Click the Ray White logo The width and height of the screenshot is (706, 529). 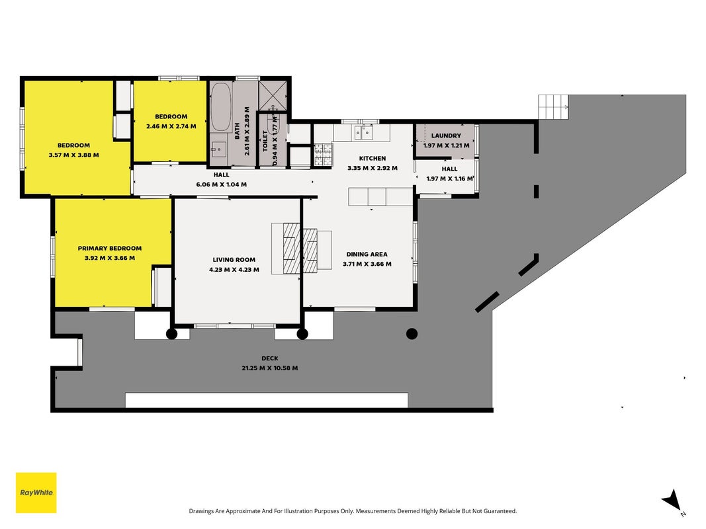36,493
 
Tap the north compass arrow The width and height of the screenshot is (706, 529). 672,500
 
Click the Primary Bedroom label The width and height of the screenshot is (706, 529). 110,249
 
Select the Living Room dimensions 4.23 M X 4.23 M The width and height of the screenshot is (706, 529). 234,270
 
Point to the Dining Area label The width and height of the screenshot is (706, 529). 367,254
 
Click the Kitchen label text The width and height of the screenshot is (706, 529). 373,158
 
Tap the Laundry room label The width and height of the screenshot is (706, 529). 446,136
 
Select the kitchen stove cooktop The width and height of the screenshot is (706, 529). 323,154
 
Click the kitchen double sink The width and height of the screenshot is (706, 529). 364,133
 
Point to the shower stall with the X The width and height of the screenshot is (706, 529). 273,95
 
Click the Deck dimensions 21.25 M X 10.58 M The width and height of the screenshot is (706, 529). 270,368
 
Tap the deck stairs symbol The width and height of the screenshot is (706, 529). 553,107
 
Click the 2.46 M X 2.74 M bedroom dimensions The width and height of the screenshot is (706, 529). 171,126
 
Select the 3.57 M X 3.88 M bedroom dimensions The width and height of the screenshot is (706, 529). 74,155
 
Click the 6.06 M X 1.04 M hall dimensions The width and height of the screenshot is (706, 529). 222,184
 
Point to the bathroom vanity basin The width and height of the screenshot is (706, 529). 219,149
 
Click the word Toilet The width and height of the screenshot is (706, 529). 265,141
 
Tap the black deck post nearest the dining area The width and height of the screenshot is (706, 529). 412,334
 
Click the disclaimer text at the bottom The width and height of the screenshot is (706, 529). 353,511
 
